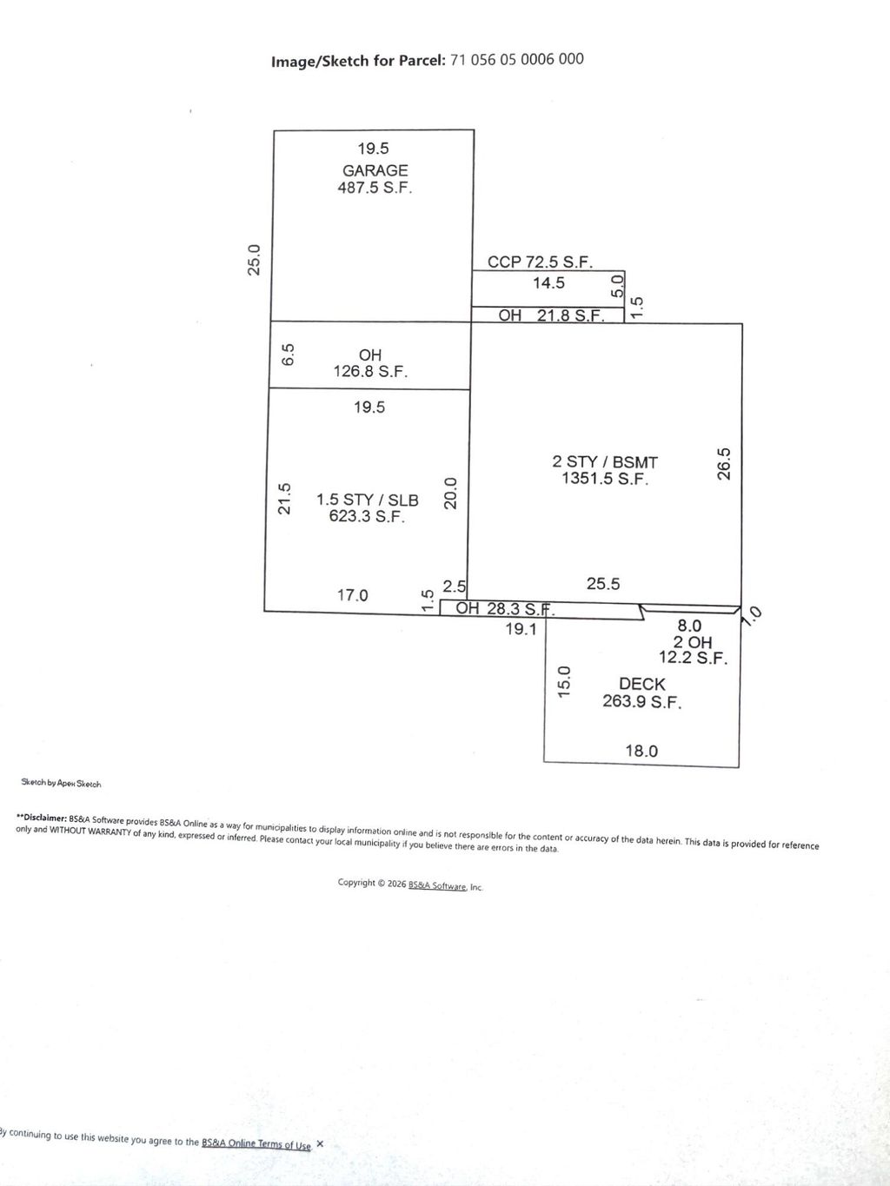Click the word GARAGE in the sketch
(x=375, y=170)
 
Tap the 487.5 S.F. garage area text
(x=375, y=188)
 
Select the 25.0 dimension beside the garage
(x=254, y=260)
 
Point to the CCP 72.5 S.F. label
(x=540, y=262)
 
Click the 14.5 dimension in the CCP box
(x=548, y=282)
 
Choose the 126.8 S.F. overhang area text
(x=370, y=372)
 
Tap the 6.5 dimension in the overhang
(x=289, y=355)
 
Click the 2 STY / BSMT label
(x=605, y=462)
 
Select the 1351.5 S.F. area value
(x=605, y=479)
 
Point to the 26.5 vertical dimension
(x=724, y=464)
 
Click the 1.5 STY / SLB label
(x=368, y=500)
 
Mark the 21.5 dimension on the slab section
(x=284, y=499)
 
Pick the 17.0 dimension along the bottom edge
(x=352, y=595)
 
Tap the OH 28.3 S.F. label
(x=505, y=609)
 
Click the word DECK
(x=642, y=684)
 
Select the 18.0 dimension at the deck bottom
(x=642, y=751)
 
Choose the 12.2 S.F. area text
(x=694, y=658)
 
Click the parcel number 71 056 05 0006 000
(x=516, y=59)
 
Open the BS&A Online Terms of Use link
(x=256, y=1143)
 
